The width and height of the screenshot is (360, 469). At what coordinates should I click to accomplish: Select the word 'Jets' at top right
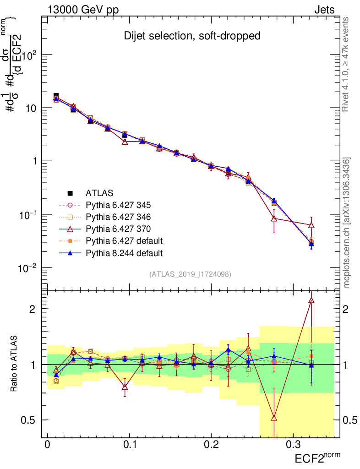click(324, 10)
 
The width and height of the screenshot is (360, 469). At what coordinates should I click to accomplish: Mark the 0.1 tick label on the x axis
click(130, 445)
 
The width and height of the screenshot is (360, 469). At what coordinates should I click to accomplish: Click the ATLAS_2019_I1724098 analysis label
click(190, 274)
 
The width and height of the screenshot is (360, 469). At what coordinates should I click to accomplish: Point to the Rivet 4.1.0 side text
click(346, 64)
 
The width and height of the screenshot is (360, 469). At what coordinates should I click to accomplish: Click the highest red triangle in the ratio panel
click(311, 300)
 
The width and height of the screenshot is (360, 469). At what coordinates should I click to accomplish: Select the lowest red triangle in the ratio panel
click(274, 417)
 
